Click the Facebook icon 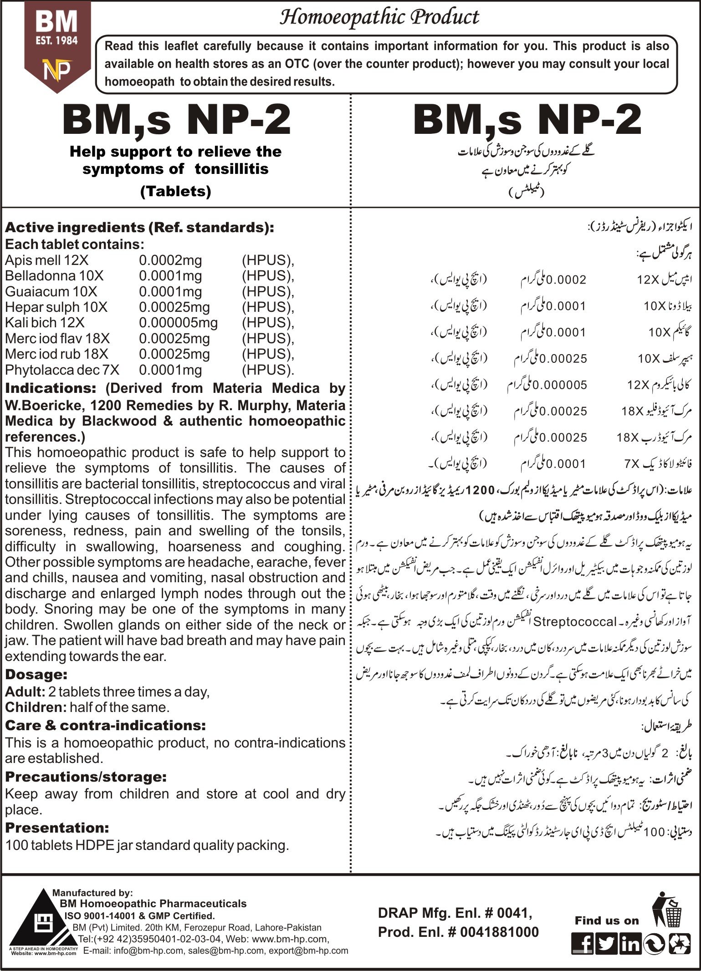tap(583, 944)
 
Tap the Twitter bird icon tap(606, 944)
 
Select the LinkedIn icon tap(630, 944)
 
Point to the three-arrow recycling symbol tap(679, 944)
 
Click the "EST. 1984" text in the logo tap(57, 41)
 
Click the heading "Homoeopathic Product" tap(379, 17)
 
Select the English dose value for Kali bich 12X tap(178, 323)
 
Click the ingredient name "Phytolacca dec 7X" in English tap(62, 370)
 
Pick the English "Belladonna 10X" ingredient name tap(54, 276)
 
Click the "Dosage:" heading tap(36, 675)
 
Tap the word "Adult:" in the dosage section tap(25, 692)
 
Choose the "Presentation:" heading tap(57, 827)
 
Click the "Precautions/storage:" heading tap(86, 777)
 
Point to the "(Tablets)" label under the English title tap(175, 191)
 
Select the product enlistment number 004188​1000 tap(499, 932)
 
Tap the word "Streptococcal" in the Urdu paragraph tap(574, 621)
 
